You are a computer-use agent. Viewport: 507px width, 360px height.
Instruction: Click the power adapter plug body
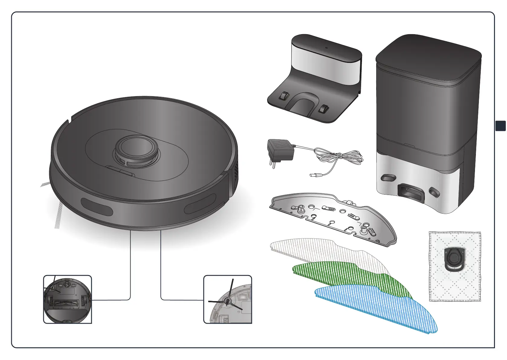tap(280, 150)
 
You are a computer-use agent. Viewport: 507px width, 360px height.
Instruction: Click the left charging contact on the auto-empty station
tap(388, 178)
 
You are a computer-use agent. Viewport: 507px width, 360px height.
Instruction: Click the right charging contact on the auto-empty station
tap(434, 192)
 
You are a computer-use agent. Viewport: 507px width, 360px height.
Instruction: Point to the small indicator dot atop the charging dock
tap(326, 47)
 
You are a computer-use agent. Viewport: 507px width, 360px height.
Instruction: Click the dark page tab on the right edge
tap(501, 126)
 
